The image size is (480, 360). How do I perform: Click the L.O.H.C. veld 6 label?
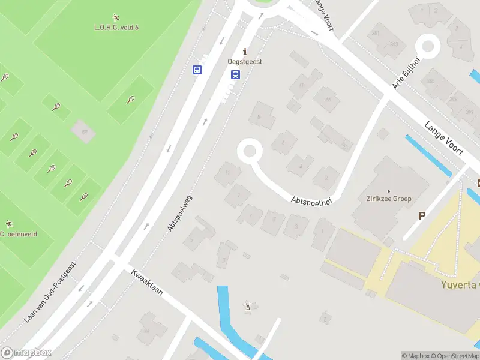[116, 27]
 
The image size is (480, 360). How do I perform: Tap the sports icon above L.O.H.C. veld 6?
[116, 17]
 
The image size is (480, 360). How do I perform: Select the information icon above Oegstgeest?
[245, 52]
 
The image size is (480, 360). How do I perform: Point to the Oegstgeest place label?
[245, 62]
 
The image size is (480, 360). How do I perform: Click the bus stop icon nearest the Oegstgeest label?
[235, 75]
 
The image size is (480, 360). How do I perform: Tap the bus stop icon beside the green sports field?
[197, 70]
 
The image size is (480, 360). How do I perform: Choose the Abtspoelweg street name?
[180, 213]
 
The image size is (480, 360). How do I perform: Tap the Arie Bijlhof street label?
[406, 74]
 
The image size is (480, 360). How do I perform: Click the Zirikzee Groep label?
[389, 199]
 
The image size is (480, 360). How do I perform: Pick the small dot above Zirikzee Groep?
[389, 191]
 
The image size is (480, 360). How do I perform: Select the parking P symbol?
[422, 215]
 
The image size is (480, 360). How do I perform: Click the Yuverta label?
[460, 284]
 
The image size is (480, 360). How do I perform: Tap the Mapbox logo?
[26, 353]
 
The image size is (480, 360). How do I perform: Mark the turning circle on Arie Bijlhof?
[428, 46]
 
